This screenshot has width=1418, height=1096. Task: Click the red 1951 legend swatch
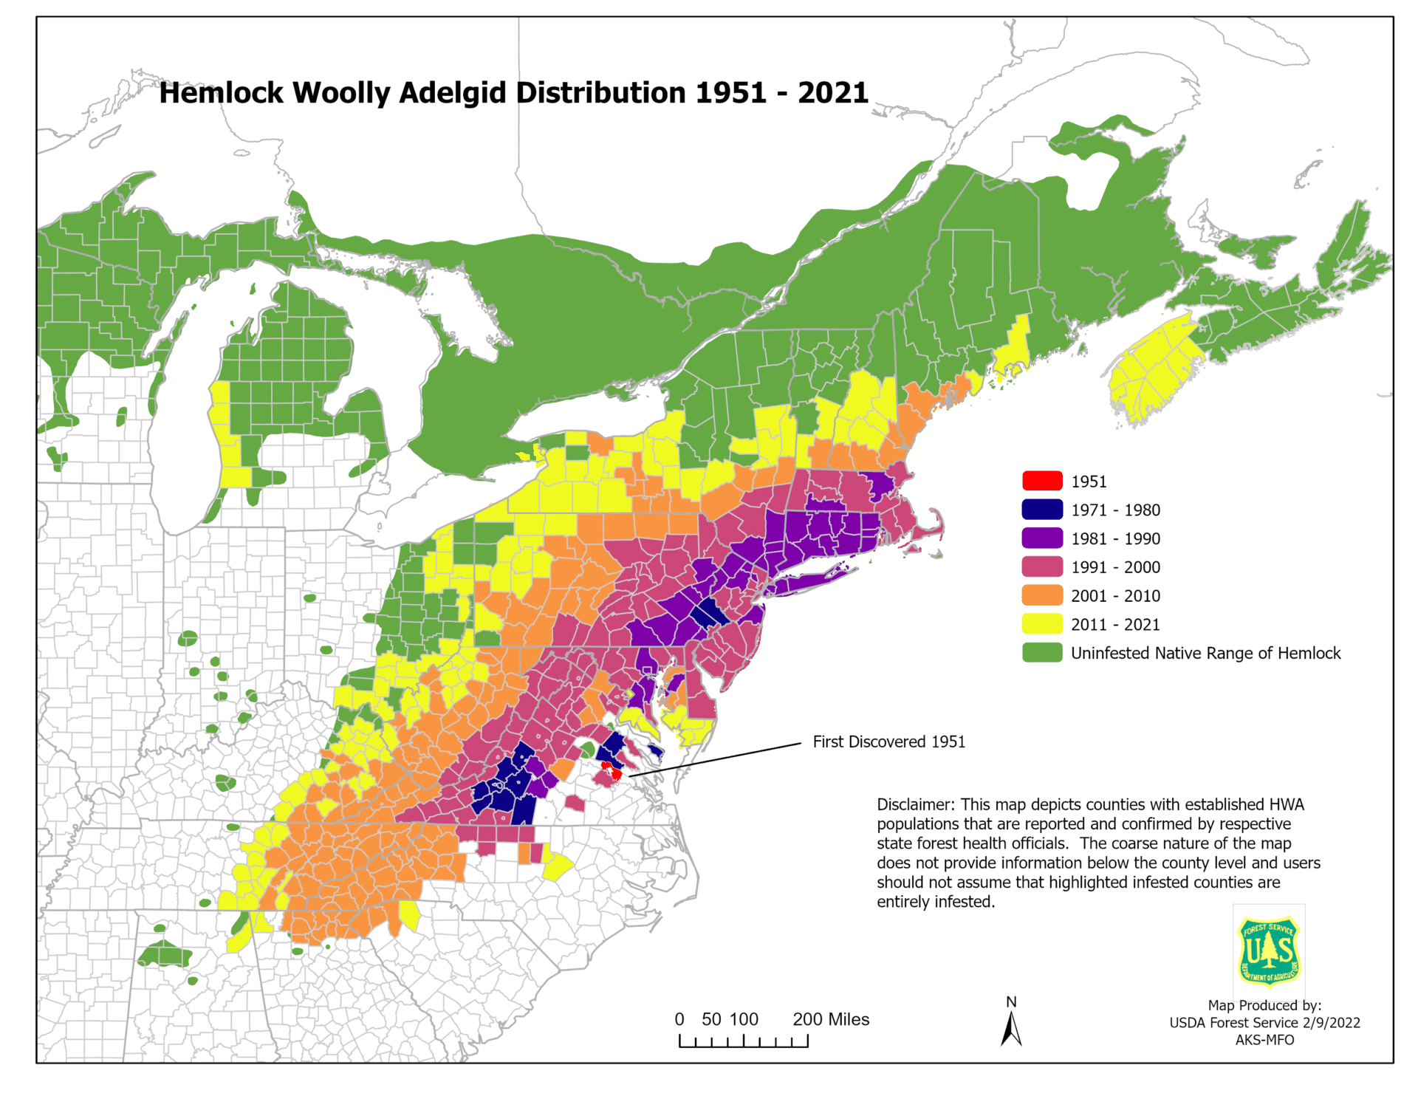tap(1042, 481)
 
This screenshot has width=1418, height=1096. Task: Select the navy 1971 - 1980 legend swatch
tap(1042, 510)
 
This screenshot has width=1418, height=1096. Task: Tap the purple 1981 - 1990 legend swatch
tap(1042, 538)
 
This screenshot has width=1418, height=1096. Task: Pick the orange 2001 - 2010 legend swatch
tap(1042, 595)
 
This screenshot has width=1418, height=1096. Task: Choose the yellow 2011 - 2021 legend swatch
tap(1042, 624)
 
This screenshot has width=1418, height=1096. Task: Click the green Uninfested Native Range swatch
tap(1042, 653)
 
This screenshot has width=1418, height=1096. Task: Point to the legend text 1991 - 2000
tap(1115, 567)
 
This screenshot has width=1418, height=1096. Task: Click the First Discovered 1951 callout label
tap(888, 741)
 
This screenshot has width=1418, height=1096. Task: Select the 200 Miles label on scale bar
tap(831, 1019)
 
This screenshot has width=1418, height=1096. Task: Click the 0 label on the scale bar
tap(679, 1019)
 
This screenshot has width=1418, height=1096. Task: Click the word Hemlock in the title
tap(222, 93)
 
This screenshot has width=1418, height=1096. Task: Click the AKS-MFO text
tap(1264, 1040)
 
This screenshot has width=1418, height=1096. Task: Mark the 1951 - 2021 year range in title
tap(781, 93)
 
